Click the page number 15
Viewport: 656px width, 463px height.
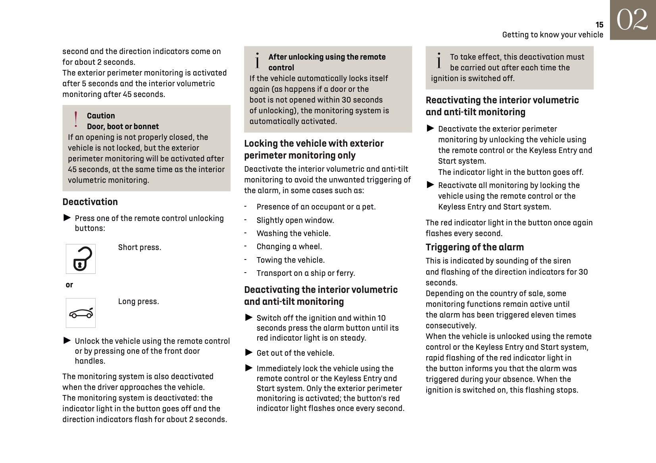tap(599, 25)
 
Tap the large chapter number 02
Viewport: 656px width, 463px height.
tap(632, 20)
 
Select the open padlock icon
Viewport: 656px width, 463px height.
tap(81, 259)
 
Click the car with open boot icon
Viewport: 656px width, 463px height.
tap(81, 313)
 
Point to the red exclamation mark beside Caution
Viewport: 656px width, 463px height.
tap(76, 119)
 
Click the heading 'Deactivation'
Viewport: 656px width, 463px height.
tap(90, 202)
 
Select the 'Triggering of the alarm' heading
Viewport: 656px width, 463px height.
tap(475, 247)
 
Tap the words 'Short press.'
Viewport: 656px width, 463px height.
tap(140, 247)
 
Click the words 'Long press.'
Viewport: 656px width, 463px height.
tap(139, 301)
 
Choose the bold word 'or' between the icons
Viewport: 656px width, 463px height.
tap(69, 285)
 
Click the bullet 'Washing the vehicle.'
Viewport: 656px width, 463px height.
tap(293, 233)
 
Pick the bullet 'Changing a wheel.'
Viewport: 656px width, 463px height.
tap(289, 246)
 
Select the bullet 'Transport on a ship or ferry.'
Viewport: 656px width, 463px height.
tap(306, 273)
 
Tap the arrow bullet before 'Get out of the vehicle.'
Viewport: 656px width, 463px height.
tap(249, 352)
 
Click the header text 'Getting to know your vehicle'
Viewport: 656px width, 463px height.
tap(552, 35)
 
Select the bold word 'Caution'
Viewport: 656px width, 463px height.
tap(101, 116)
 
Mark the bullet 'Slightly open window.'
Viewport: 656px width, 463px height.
tap(295, 220)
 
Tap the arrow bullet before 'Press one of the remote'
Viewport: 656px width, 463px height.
tap(67, 217)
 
